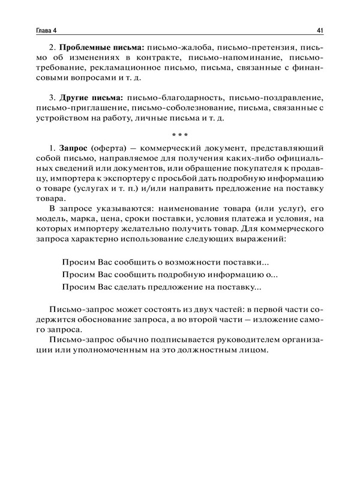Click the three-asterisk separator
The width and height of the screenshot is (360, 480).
pos(180,134)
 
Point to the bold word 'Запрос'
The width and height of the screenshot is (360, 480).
pos(75,148)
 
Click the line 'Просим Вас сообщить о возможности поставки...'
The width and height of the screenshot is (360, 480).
pos(165,263)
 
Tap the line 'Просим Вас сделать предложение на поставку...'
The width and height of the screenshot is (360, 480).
pos(161,287)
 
